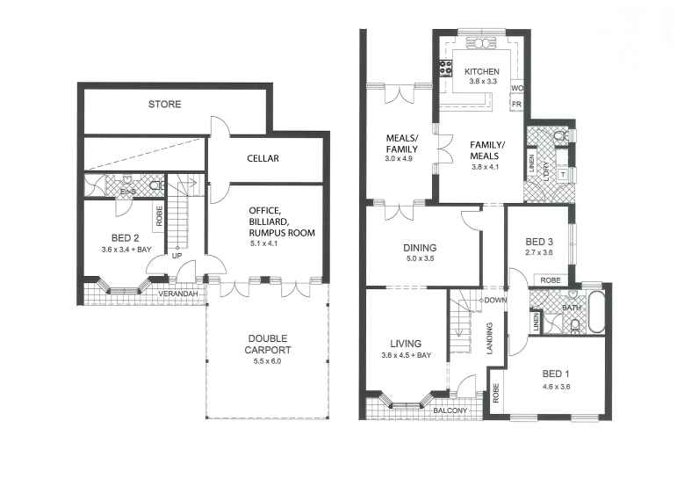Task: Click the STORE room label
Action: click(x=164, y=105)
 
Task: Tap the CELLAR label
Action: click(x=262, y=159)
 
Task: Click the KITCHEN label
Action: click(x=481, y=72)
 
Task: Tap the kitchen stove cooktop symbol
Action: click(x=445, y=68)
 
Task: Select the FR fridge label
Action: click(x=516, y=105)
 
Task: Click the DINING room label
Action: click(x=420, y=249)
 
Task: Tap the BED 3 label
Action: click(x=539, y=242)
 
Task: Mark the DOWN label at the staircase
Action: click(x=493, y=300)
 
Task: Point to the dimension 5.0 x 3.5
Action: click(x=420, y=260)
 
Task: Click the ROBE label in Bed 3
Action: click(x=551, y=280)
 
